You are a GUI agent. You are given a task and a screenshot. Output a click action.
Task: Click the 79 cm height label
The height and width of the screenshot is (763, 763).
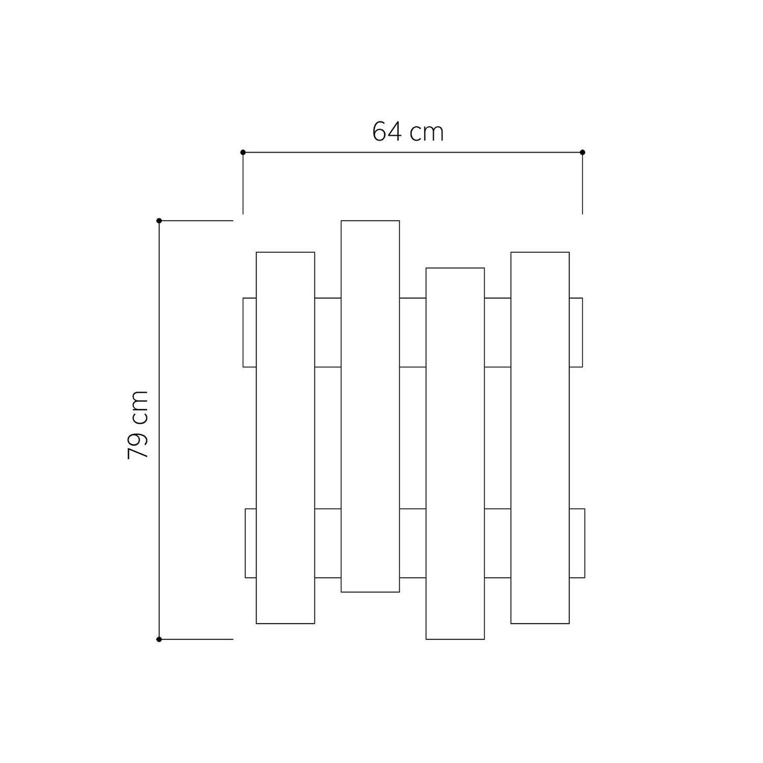[x=137, y=425]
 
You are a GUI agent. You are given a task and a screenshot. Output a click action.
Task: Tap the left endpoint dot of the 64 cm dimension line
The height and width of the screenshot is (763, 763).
[x=243, y=152]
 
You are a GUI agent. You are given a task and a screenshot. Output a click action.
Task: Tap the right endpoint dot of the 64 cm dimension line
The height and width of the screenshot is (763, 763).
[x=583, y=152]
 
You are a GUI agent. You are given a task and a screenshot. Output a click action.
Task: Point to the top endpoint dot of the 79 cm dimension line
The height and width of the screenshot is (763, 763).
[x=159, y=221]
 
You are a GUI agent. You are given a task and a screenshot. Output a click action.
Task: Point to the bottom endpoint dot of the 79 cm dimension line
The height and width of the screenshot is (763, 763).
[x=159, y=639]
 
